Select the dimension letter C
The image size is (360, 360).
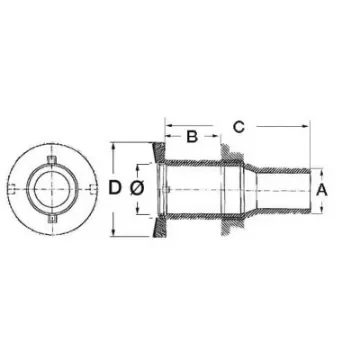point(238,126)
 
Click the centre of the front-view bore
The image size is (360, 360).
point(51,188)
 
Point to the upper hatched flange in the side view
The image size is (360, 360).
point(156,151)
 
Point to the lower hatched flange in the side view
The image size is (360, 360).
point(156,226)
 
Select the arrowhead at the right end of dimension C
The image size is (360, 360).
point(304,126)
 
